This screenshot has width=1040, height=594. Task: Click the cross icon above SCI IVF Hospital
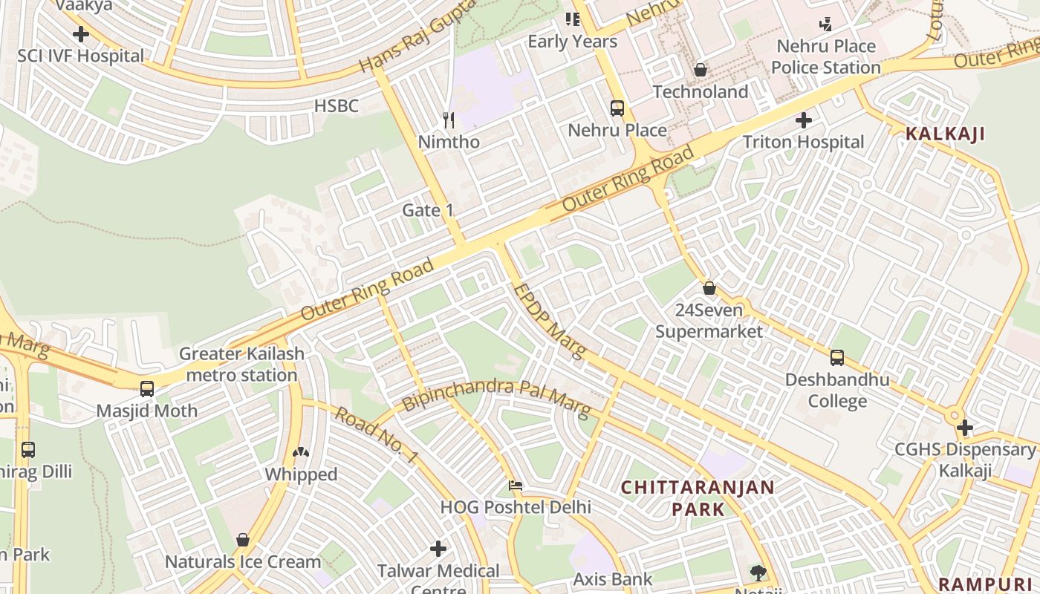click(81, 34)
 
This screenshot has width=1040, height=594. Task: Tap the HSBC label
click(336, 106)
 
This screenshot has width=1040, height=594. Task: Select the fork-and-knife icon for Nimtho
click(449, 119)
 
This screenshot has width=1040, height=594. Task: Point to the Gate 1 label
click(427, 210)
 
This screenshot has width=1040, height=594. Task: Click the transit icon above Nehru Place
click(617, 108)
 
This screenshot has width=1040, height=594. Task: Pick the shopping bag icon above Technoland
click(700, 70)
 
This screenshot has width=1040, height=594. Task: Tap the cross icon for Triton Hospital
click(804, 120)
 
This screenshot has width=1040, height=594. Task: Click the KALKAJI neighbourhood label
click(945, 134)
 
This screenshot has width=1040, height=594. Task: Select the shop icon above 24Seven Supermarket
click(709, 288)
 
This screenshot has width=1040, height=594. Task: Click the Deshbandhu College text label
click(837, 391)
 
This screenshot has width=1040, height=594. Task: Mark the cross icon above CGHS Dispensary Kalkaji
click(965, 428)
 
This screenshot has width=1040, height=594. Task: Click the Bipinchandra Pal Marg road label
click(495, 397)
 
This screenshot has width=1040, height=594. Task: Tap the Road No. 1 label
click(375, 435)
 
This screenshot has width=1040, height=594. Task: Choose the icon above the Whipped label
click(301, 451)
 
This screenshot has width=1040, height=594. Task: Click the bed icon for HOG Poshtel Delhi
click(516, 486)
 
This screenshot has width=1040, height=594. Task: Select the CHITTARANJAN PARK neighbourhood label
click(698, 498)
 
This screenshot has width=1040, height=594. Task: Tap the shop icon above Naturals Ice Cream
click(243, 540)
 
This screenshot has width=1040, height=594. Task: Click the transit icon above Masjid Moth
click(147, 388)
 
